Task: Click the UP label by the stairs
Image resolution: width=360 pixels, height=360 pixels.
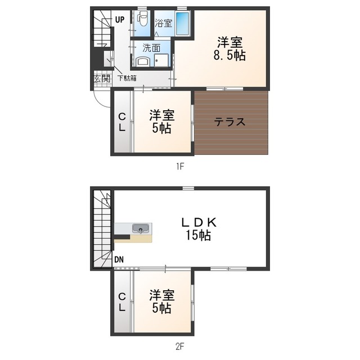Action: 120,19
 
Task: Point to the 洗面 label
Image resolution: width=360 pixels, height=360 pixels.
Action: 151,48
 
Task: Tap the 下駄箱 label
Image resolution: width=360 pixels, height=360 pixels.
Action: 127,78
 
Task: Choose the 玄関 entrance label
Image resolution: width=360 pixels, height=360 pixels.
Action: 102,79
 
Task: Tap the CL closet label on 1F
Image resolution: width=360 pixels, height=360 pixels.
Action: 121,122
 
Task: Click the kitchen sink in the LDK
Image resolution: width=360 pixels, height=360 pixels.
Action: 140,228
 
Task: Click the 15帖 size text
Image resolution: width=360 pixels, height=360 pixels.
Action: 199,236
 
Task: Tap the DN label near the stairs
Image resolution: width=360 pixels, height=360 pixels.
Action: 119,260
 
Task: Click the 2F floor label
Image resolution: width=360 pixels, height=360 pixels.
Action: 180,346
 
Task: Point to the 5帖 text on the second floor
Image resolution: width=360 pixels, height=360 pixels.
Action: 161,308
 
